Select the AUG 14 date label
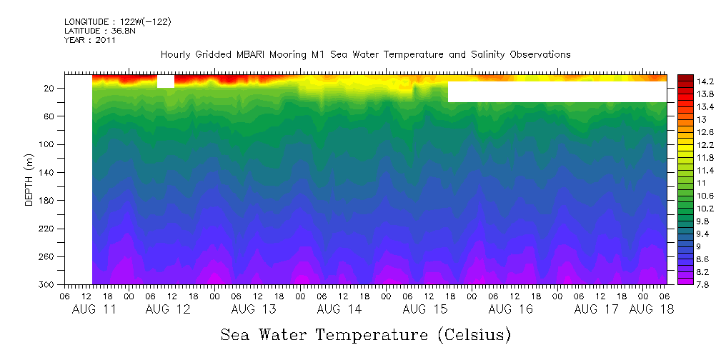(x=339, y=309)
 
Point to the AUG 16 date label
(x=510, y=309)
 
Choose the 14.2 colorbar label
(x=686, y=81)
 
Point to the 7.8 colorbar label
(x=685, y=285)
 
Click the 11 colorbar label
(x=682, y=183)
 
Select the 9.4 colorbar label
(x=685, y=234)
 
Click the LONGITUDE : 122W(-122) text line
(x=117, y=22)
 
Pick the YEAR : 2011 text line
(x=90, y=41)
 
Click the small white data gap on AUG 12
(x=165, y=81)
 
